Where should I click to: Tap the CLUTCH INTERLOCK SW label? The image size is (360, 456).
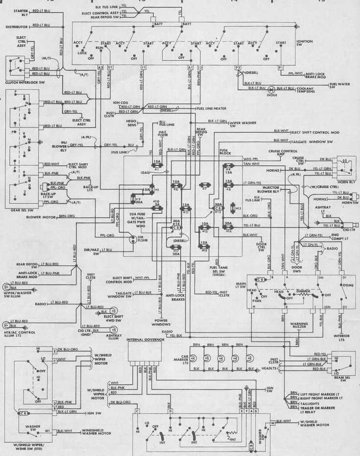25,82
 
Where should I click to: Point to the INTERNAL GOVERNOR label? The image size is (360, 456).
144,339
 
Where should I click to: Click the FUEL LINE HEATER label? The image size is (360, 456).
211,108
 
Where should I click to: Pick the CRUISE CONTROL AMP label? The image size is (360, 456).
283,153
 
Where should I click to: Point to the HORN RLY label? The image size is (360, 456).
346,182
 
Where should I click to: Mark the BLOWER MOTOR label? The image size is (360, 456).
40,216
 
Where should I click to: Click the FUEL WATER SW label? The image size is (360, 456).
339,85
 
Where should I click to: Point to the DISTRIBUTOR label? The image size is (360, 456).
17,27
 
